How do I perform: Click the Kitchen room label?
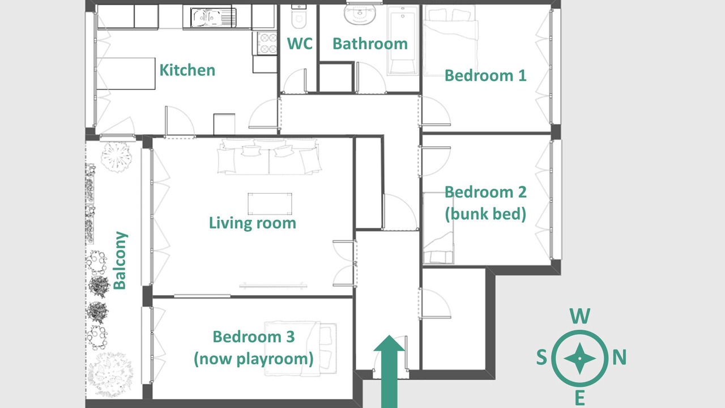click(x=187, y=70)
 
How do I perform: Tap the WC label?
click(x=300, y=44)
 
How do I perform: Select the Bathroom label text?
click(x=370, y=44)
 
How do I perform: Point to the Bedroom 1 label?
click(x=485, y=75)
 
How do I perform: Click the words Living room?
click(x=253, y=223)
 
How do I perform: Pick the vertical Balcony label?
click(x=120, y=260)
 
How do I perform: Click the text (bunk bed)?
click(x=485, y=214)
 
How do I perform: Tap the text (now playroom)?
click(x=254, y=359)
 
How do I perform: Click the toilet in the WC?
click(x=298, y=16)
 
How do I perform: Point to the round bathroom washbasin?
click(x=360, y=14)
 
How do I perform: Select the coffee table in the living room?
click(x=270, y=204)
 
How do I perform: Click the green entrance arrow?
click(x=389, y=371)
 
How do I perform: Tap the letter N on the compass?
click(x=620, y=358)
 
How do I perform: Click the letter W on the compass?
click(x=579, y=316)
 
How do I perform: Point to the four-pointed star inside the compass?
click(x=579, y=359)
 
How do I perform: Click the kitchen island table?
click(x=126, y=74)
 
